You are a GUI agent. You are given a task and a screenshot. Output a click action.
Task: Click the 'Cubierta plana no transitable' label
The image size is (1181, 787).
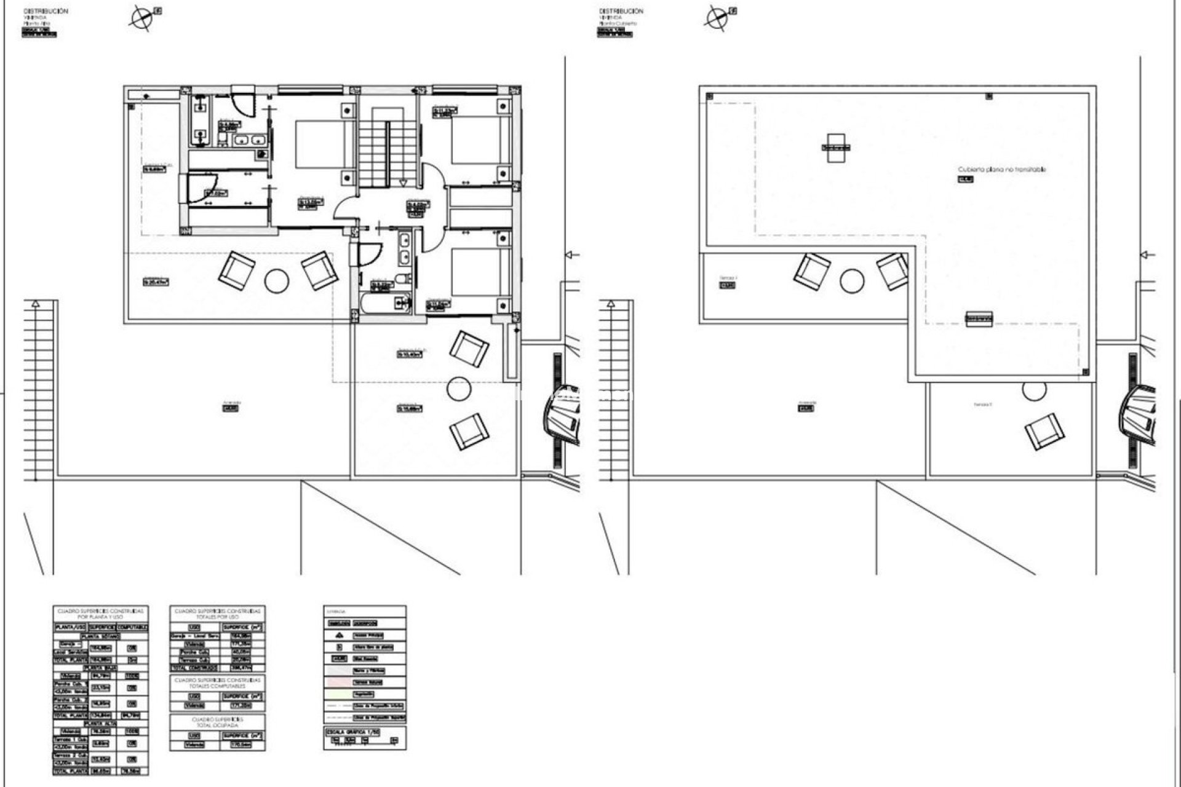click(x=1001, y=170)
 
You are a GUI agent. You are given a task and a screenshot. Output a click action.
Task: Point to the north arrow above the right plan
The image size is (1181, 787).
click(x=715, y=18)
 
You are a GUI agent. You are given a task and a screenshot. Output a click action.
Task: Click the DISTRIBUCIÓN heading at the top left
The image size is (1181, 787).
click(x=46, y=11)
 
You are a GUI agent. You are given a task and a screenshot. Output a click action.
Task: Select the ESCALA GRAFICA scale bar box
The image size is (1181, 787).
click(x=365, y=738)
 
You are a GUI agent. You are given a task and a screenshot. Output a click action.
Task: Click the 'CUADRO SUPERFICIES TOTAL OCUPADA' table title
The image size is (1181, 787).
click(x=218, y=722)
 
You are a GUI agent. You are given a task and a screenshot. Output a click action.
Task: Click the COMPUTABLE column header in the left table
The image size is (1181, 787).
click(x=132, y=627)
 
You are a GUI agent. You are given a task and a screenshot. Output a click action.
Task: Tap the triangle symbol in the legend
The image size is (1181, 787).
click(x=339, y=635)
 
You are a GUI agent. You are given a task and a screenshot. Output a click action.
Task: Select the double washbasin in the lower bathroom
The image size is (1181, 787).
click(x=405, y=248)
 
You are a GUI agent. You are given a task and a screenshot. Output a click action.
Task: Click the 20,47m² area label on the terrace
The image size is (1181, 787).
click(x=156, y=282)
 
